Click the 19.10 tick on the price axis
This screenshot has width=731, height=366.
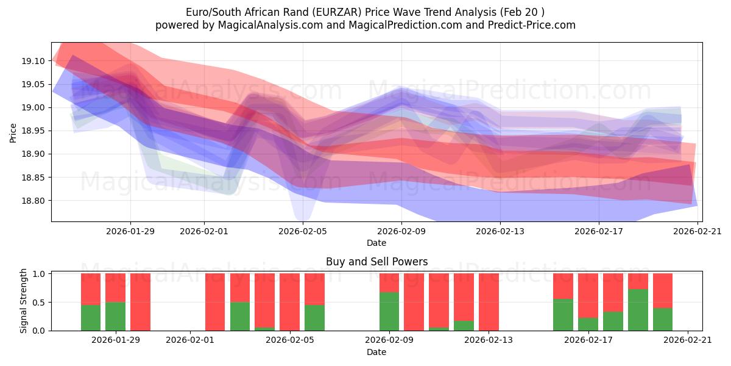tap(33, 61)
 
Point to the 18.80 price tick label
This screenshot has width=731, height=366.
tap(33, 201)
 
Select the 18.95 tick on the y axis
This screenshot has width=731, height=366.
tap(33, 131)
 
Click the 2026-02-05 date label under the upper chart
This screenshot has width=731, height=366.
tap(303, 231)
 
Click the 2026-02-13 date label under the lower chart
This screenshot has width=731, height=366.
tap(489, 340)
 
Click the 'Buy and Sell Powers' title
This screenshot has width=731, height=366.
tap(376, 262)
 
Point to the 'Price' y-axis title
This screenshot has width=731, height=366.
tap(13, 132)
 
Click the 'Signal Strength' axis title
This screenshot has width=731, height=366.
tap(24, 301)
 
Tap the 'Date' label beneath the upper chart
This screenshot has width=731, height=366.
tap(376, 243)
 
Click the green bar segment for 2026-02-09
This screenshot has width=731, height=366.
tap(389, 311)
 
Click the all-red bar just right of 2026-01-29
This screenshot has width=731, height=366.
tap(140, 302)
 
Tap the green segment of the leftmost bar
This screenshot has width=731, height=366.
tap(91, 317)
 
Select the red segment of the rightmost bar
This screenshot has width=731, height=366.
tap(663, 290)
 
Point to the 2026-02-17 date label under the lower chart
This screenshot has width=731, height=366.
tap(588, 340)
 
